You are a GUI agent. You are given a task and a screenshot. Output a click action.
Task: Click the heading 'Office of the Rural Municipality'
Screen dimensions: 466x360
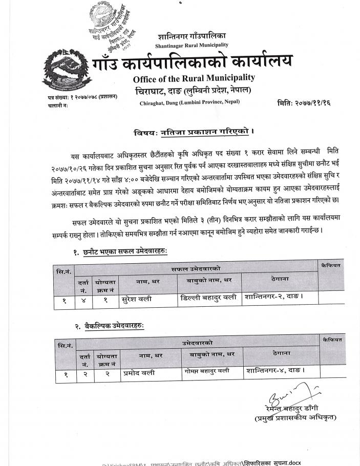[x=194, y=78]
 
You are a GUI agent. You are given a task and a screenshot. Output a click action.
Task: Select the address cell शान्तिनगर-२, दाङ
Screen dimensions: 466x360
[x=274, y=296]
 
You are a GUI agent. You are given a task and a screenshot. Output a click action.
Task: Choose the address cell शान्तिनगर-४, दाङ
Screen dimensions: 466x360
[x=276, y=370]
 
